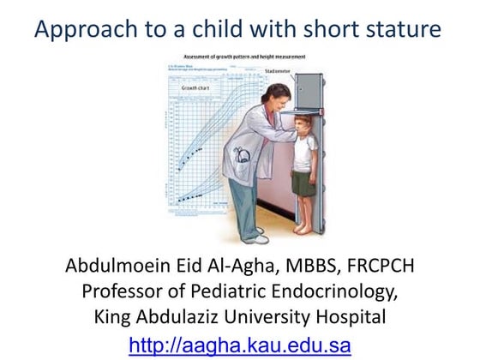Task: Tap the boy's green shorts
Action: pyautogui.click(x=303, y=182)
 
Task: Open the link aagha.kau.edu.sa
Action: pyautogui.click(x=239, y=345)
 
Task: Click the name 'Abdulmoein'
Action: pyautogui.click(x=115, y=265)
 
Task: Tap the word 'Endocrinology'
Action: pyautogui.click(x=321, y=291)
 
